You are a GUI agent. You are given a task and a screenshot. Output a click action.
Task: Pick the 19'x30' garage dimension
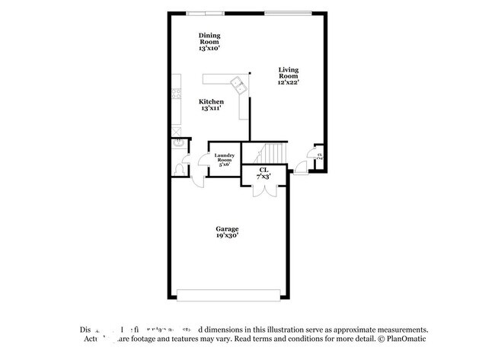pyautogui.click(x=226, y=237)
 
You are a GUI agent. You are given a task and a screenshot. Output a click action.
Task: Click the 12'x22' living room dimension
pyautogui.click(x=288, y=82)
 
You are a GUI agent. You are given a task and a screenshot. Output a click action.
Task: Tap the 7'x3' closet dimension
pyautogui.click(x=263, y=176)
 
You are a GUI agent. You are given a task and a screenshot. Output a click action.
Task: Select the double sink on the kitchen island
pyautogui.click(x=238, y=84)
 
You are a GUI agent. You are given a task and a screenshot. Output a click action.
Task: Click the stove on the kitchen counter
pyautogui.click(x=177, y=95)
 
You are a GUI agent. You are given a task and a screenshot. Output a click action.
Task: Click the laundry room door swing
pyautogui.click(x=203, y=161)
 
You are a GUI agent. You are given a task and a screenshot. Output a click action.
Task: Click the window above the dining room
pyautogui.click(x=206, y=12)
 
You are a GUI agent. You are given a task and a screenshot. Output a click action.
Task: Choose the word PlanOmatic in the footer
pyautogui.click(x=404, y=339)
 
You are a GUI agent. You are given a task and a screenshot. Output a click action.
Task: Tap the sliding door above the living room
pyautogui.click(x=287, y=12)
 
